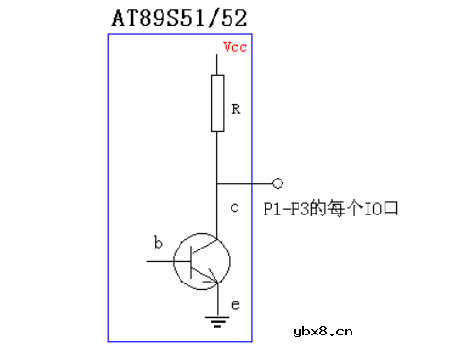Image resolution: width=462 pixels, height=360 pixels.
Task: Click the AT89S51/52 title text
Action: [185, 18]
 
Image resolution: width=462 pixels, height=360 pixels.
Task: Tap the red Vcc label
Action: [234, 47]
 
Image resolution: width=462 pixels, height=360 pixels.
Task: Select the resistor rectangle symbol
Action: [217, 103]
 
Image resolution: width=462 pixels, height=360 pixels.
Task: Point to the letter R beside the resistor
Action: [236, 111]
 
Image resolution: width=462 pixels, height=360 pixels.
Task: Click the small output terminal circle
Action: [277, 182]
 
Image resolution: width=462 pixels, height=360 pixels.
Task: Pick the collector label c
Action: [234, 207]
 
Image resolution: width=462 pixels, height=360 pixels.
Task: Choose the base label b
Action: [158, 243]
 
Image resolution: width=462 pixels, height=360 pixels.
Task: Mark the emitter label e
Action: [235, 304]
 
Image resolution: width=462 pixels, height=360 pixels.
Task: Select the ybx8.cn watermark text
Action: [322, 330]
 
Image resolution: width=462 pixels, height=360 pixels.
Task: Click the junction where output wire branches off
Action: [218, 182]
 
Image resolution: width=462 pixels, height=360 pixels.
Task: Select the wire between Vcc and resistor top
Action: [218, 63]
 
